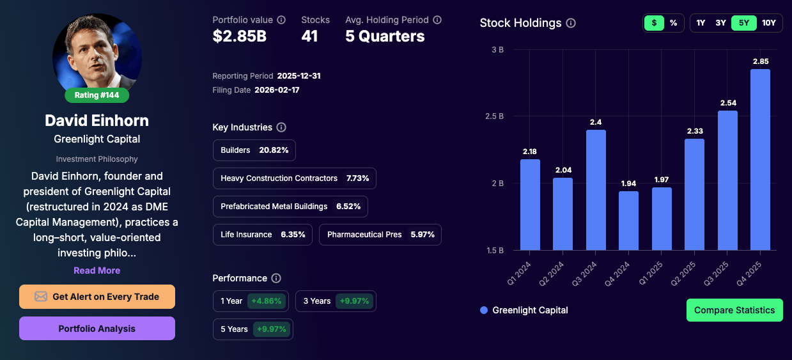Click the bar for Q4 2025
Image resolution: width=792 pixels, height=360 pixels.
click(x=760, y=160)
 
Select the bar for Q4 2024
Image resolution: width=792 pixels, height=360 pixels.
click(x=628, y=221)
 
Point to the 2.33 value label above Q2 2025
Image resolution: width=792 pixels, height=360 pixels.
click(x=694, y=130)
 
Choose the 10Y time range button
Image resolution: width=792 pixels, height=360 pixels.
click(x=768, y=23)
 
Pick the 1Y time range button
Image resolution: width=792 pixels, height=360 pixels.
click(x=701, y=23)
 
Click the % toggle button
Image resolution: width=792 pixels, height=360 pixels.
click(x=673, y=23)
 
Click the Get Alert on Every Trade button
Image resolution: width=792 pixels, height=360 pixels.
click(x=97, y=297)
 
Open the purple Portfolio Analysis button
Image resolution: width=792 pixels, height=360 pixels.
click(x=97, y=329)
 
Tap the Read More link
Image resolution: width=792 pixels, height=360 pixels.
click(x=97, y=270)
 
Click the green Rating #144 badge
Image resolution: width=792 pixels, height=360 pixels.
click(x=97, y=95)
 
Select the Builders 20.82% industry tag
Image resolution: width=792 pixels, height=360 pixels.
click(x=254, y=150)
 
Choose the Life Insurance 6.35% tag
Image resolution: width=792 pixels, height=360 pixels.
click(x=263, y=235)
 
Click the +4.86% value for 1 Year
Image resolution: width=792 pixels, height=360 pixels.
click(x=266, y=301)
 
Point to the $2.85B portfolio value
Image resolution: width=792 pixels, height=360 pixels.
click(x=240, y=36)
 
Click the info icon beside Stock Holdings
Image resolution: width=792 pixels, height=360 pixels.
click(x=571, y=23)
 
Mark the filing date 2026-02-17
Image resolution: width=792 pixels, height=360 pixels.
click(x=277, y=90)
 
